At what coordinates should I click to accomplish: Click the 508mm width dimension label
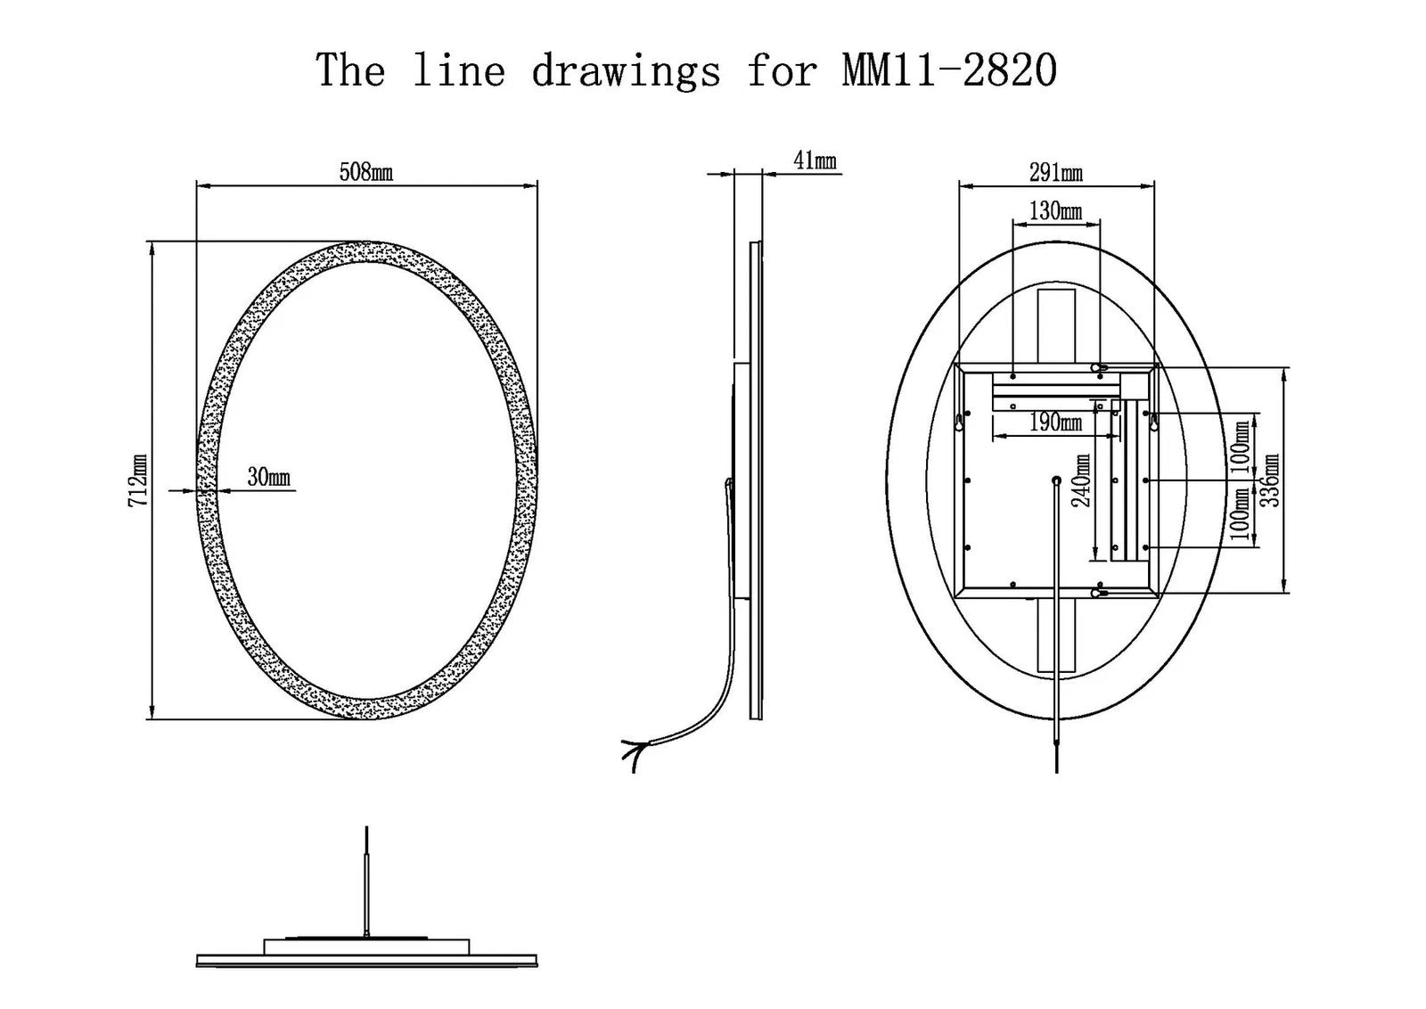click(x=366, y=172)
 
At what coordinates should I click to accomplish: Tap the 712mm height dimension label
click(x=138, y=480)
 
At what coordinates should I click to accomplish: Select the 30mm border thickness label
click(x=268, y=476)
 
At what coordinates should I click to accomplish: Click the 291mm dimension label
click(x=1056, y=173)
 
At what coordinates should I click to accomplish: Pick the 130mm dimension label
click(x=1055, y=210)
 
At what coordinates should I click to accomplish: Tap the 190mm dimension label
click(x=1055, y=422)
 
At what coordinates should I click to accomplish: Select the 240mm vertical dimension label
click(x=1082, y=480)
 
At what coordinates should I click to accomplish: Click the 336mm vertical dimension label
click(x=1270, y=480)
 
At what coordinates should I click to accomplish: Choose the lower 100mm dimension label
click(x=1241, y=513)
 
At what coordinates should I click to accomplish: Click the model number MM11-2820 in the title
click(x=950, y=70)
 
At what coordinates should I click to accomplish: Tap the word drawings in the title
click(x=627, y=71)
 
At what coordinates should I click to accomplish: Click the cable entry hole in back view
click(x=1057, y=481)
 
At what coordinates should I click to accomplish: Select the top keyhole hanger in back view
click(x=1100, y=368)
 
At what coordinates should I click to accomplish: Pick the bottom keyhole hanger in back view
click(x=1100, y=593)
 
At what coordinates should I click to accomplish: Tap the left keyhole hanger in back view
click(x=959, y=421)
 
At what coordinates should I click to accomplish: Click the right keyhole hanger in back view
click(x=1154, y=421)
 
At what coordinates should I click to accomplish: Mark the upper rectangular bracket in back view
click(x=1057, y=326)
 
